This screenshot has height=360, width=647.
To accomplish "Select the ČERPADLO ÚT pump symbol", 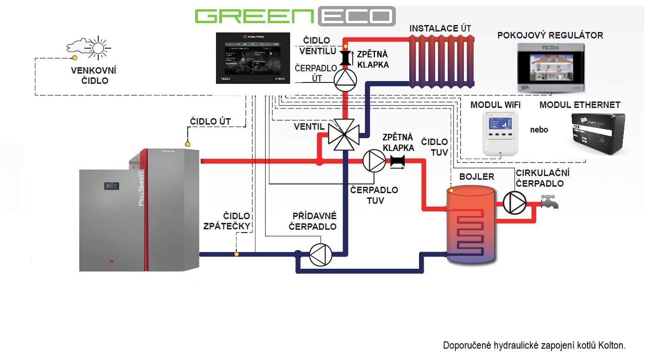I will (345, 80).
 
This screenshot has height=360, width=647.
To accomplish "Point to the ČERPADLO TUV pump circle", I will (373, 161).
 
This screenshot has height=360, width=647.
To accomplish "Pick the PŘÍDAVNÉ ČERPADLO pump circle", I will (321, 254).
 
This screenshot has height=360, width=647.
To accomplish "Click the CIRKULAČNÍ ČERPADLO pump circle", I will (514, 202).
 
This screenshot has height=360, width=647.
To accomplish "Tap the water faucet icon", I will (549, 202).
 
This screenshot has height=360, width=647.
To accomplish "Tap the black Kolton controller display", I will (253, 58).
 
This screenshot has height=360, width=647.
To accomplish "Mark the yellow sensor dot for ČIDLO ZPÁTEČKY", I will (237, 254).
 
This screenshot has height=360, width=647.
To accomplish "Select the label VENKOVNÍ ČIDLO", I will (93, 75).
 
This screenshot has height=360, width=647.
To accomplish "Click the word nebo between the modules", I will (539, 130).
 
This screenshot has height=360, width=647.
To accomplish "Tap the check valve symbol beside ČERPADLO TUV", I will (397, 161).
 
